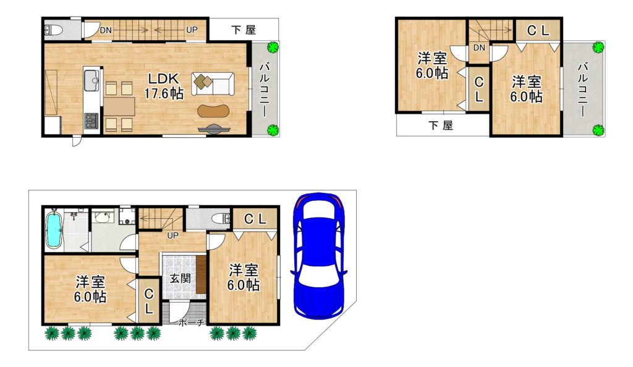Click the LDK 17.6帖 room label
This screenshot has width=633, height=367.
[164, 86]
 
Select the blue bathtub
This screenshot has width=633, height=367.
[54, 229]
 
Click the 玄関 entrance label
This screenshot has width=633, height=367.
[180, 278]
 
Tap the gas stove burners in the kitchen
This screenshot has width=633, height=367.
[91, 120]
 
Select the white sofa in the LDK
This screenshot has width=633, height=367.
[213, 84]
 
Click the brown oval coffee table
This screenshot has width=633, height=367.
[213, 111]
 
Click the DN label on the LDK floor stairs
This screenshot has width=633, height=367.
[106, 30]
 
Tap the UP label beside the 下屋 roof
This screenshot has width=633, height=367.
[192, 30]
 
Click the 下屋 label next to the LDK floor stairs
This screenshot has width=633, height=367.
[244, 30]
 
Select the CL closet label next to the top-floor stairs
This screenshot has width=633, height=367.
[538, 31]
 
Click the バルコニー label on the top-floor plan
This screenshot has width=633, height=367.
[583, 90]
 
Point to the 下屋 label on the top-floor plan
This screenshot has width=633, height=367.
[441, 125]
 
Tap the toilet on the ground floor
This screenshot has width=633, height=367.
[221, 219]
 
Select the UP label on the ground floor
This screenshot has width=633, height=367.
[172, 235]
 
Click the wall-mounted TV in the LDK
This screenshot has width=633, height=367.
[215, 129]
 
